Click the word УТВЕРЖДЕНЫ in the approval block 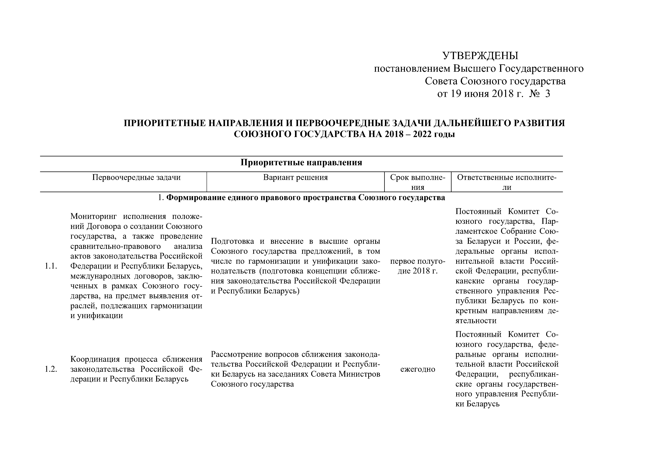click(x=480, y=56)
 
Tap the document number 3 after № click(x=547, y=94)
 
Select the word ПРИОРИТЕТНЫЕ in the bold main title click(x=165, y=123)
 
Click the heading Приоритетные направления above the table click(x=301, y=163)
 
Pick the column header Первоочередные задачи click(x=136, y=178)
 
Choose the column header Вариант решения click(x=295, y=178)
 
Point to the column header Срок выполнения click(x=417, y=182)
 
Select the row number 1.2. click(x=51, y=369)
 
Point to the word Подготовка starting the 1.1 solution click(x=232, y=241)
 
